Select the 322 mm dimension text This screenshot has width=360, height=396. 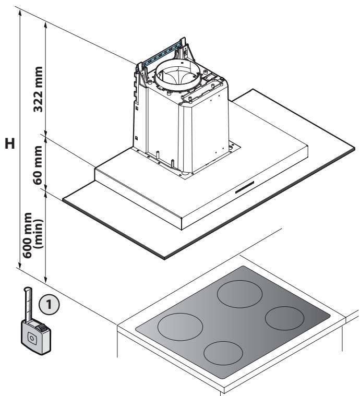38,89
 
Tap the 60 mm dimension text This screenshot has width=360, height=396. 38,165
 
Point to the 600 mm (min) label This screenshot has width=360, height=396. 33,235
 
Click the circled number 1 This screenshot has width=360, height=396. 49,304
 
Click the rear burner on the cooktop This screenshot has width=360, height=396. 239,294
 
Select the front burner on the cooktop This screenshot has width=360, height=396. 223,353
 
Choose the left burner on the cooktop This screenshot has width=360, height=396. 180,327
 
